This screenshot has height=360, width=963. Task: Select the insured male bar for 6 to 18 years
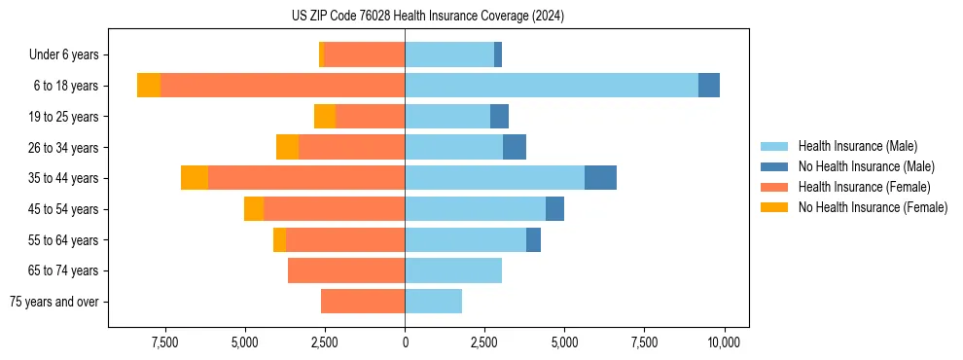coord(552,86)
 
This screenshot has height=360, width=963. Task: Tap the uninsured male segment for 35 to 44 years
coord(600,178)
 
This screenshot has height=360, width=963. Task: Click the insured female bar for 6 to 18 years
coord(282,86)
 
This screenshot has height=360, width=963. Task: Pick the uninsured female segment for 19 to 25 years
coord(325,117)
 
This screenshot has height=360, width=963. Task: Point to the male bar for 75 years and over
coord(433,302)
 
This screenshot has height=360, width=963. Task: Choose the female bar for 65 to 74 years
coord(346,270)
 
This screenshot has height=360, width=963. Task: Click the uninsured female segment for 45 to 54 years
coord(254,209)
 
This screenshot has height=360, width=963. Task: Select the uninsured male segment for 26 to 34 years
coord(515,147)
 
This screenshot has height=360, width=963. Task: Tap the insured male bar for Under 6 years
coord(449,54)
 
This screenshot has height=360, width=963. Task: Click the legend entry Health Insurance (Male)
coord(857,146)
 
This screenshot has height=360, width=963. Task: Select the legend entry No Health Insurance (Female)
coord(873,207)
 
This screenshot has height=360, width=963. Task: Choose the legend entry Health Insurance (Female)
coord(865,187)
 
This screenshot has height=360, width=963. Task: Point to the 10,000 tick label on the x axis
coord(725,342)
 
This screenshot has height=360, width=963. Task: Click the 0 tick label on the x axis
coord(405,342)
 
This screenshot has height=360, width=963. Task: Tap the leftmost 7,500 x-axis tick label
coord(164,342)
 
